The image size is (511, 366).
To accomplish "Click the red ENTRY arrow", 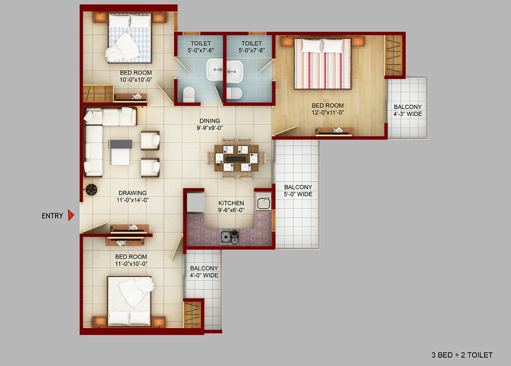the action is (x=71, y=215).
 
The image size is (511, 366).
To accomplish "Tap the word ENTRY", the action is (x=52, y=215).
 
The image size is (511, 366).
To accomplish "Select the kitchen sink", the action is (x=263, y=202).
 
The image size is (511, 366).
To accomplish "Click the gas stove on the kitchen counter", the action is (x=229, y=237).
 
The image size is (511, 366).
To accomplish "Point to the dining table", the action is (x=237, y=158).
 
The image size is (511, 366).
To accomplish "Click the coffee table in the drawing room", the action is (x=120, y=152).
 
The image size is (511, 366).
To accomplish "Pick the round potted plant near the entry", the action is (x=91, y=190).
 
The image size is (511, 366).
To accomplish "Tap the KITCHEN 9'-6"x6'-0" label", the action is (x=231, y=207).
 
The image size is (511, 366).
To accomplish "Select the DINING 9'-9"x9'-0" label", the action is (x=210, y=124).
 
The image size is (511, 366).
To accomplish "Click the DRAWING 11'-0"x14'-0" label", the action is (x=133, y=196).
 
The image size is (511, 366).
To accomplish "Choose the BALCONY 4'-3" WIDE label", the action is (x=408, y=110).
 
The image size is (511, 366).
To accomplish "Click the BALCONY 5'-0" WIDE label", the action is (x=298, y=191).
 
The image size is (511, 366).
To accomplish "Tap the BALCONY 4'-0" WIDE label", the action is (x=204, y=271).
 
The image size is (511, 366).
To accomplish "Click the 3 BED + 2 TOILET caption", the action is (x=462, y=355).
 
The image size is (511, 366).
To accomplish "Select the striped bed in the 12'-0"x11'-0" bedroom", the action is (x=323, y=63).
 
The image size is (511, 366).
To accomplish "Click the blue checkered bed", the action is (x=130, y=37).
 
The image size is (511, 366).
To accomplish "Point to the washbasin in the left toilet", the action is (x=215, y=69).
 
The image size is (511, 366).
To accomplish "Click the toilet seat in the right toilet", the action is (x=234, y=93).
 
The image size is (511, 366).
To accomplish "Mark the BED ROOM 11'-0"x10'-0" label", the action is (x=131, y=260).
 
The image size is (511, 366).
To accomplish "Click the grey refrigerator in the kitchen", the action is (x=196, y=202).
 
